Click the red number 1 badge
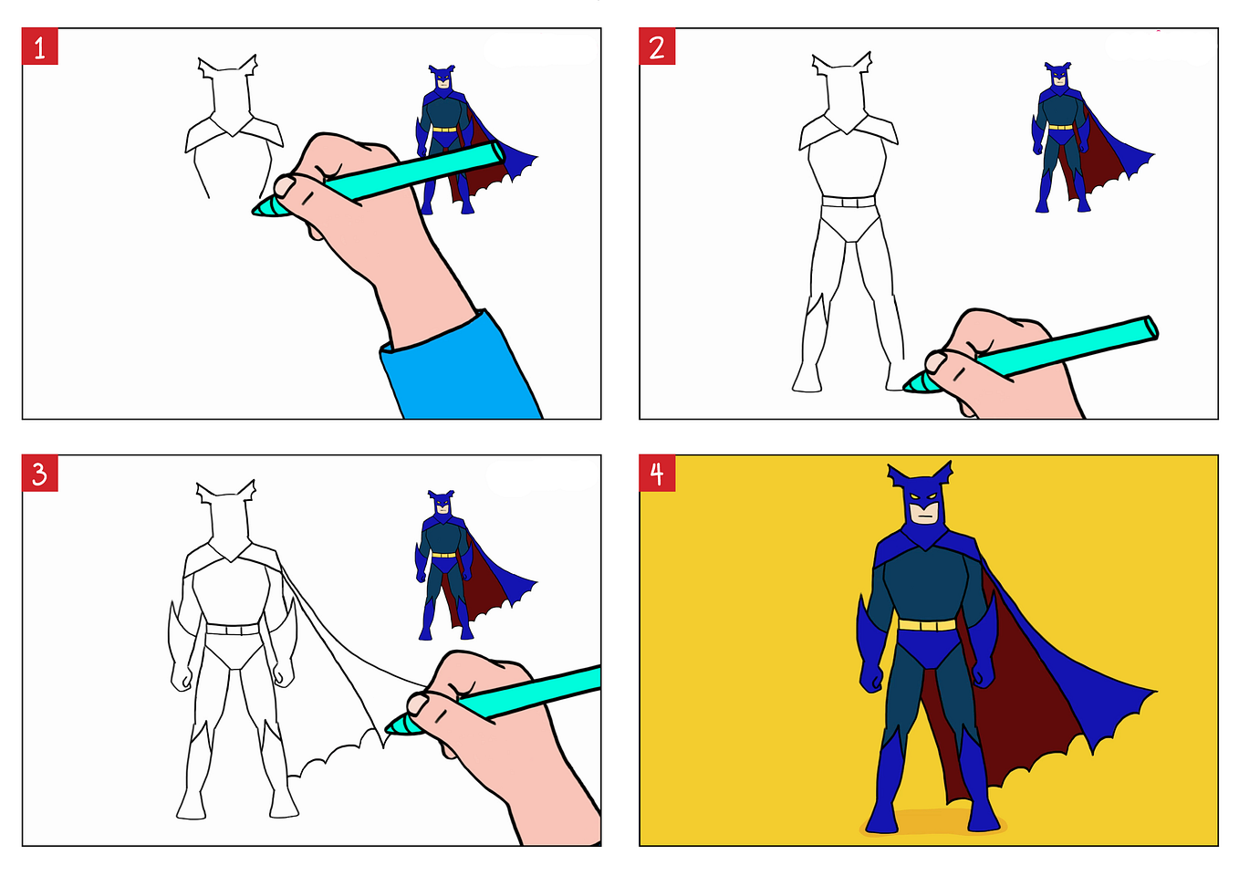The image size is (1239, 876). pyautogui.click(x=40, y=47)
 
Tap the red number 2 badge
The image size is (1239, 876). pyautogui.click(x=657, y=47)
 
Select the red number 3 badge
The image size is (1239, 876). pyautogui.click(x=40, y=474)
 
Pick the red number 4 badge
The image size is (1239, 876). pyautogui.click(x=657, y=474)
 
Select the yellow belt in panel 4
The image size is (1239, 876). pyautogui.click(x=927, y=625)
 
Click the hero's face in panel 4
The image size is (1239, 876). pyautogui.click(x=926, y=513)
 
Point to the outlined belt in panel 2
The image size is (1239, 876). pyautogui.click(x=849, y=202)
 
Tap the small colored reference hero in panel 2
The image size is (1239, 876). pyautogui.click(x=1084, y=139)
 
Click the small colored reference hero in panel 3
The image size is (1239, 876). pyautogui.click(x=467, y=565)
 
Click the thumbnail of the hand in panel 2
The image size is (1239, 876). pyautogui.click(x=936, y=362)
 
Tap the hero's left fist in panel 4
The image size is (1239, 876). pyautogui.click(x=984, y=675)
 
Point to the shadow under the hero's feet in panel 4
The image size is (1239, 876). pyautogui.click(x=933, y=823)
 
